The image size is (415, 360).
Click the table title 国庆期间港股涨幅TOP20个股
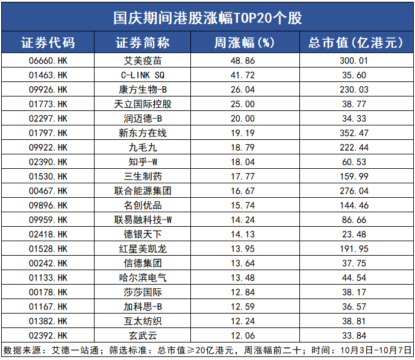click(208, 17)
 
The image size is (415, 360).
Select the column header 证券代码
click(48, 43)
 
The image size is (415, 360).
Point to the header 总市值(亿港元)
click(354, 43)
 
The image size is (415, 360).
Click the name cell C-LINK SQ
click(142, 75)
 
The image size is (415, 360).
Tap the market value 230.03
click(354, 90)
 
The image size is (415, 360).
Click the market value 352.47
click(354, 133)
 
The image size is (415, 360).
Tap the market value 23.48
click(354, 235)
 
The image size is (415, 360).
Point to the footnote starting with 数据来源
click(208, 350)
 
